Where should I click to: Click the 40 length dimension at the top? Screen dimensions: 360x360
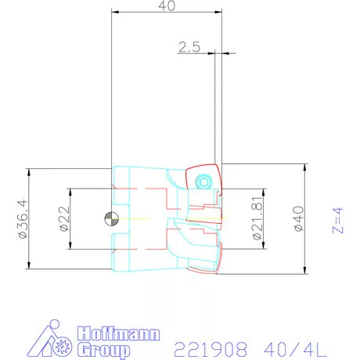point(166,5)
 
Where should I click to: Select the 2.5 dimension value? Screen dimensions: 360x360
point(189,47)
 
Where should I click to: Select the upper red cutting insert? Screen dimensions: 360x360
point(205,182)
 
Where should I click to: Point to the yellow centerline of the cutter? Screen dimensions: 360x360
point(157,218)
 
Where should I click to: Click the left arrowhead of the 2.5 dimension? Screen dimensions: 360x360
point(212,53)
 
